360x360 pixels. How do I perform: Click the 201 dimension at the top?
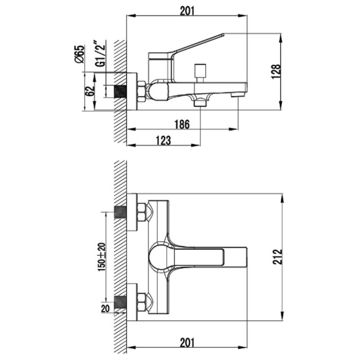tap(187, 11)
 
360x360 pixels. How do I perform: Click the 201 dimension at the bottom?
tap(187, 343)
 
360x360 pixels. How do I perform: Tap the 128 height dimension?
tap(276, 71)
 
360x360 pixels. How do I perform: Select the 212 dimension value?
tap(278, 257)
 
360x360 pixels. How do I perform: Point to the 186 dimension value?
tap(182, 124)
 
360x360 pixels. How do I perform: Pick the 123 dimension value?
tap(163, 140)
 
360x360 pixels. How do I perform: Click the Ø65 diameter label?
tap(79, 54)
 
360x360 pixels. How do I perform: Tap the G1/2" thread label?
tap(100, 53)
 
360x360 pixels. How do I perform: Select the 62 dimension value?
tap(90, 91)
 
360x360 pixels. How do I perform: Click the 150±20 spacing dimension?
tap(102, 257)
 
